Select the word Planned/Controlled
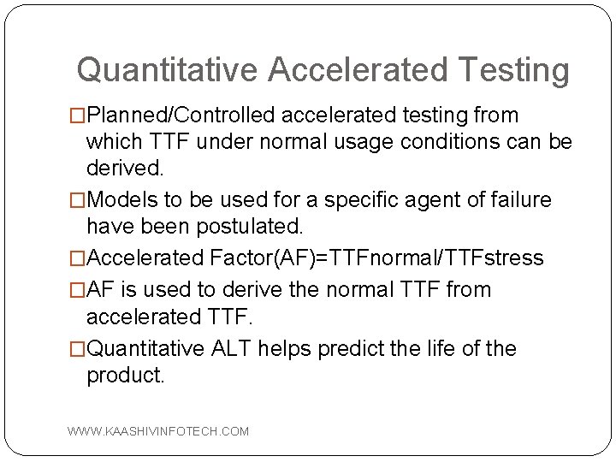(182, 115)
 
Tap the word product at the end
(125, 376)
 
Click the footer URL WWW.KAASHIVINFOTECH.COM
(158, 432)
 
